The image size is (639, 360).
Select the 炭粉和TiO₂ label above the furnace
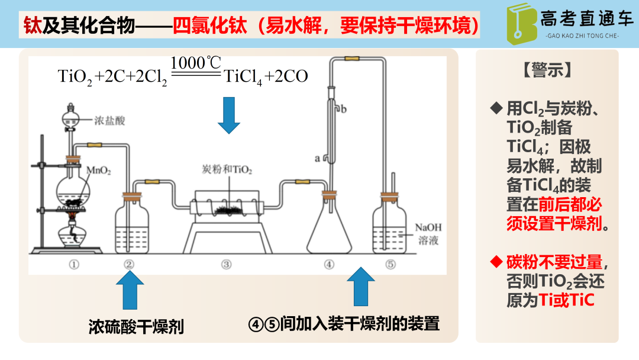click(x=227, y=170)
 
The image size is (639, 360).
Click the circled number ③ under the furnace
click(x=226, y=265)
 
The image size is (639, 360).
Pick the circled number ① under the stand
click(x=73, y=265)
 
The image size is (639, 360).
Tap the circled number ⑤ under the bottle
click(x=390, y=265)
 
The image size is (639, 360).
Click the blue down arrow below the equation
click(x=229, y=115)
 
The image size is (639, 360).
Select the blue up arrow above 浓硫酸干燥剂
click(x=130, y=290)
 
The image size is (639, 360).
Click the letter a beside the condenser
click(x=318, y=158)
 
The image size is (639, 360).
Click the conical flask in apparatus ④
click(x=329, y=232)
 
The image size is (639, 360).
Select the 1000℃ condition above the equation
click(x=195, y=62)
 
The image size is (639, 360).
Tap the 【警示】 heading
click(x=547, y=70)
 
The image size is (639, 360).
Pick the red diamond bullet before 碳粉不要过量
click(x=496, y=261)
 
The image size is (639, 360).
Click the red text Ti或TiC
click(x=566, y=300)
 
